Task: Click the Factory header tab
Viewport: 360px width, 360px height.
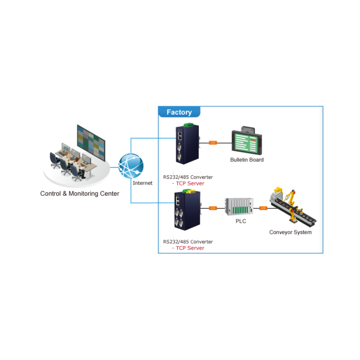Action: (179, 112)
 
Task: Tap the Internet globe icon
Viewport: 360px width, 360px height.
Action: (131, 166)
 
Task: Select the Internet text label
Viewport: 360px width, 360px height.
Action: (143, 183)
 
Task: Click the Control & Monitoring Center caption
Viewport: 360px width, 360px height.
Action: (80, 193)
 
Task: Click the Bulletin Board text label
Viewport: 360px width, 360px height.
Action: (247, 160)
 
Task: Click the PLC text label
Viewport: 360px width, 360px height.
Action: (241, 221)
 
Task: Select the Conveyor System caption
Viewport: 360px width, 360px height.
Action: (290, 232)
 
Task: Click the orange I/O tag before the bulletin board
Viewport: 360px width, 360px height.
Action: (213, 143)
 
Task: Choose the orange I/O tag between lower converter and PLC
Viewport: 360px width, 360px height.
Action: (213, 208)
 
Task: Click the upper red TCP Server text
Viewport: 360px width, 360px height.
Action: (188, 183)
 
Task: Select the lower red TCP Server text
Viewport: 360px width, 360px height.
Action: (188, 248)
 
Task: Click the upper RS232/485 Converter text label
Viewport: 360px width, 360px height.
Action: (188, 177)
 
